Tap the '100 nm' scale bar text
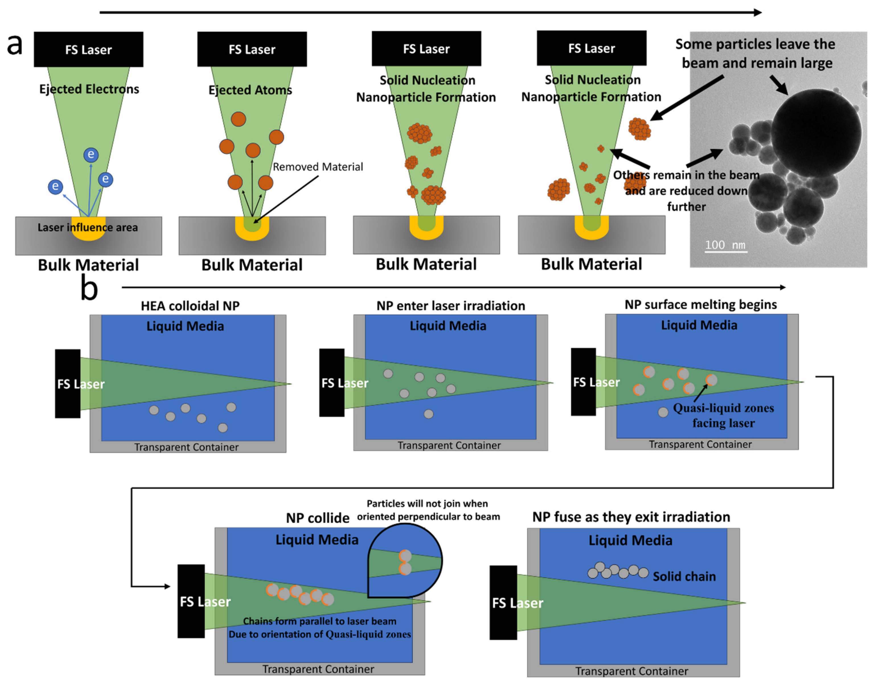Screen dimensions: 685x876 [x=725, y=245]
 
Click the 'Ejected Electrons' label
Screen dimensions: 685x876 [x=89, y=89]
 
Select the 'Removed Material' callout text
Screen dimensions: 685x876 [x=318, y=167]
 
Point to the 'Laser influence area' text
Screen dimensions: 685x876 [x=87, y=227]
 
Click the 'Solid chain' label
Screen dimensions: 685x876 [x=684, y=576]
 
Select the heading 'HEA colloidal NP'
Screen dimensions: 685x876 [x=190, y=306]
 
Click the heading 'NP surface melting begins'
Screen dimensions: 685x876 [x=701, y=305]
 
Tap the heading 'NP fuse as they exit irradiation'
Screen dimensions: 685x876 [x=631, y=517]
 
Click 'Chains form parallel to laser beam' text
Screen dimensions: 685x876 [x=319, y=621]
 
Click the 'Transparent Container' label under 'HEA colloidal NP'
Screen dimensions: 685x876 [x=186, y=447]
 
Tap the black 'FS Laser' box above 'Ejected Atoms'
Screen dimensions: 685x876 [x=252, y=49]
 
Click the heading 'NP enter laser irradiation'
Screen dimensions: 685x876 [x=451, y=306]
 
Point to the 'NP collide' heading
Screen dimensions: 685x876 [x=317, y=518]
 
